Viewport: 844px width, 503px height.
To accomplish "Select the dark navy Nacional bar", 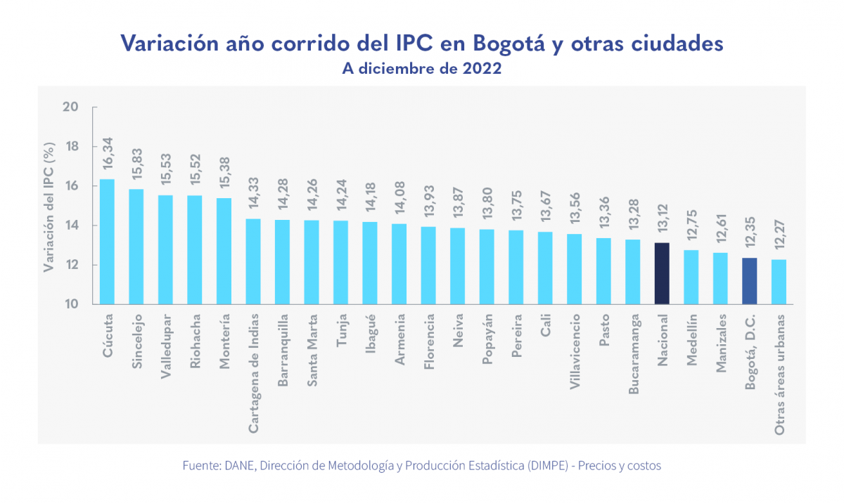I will point(662,273).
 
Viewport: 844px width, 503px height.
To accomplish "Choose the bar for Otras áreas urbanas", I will point(779,282).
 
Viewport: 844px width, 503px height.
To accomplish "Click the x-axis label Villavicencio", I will point(575,351).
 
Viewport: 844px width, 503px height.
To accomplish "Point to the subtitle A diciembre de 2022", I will point(422,69).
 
